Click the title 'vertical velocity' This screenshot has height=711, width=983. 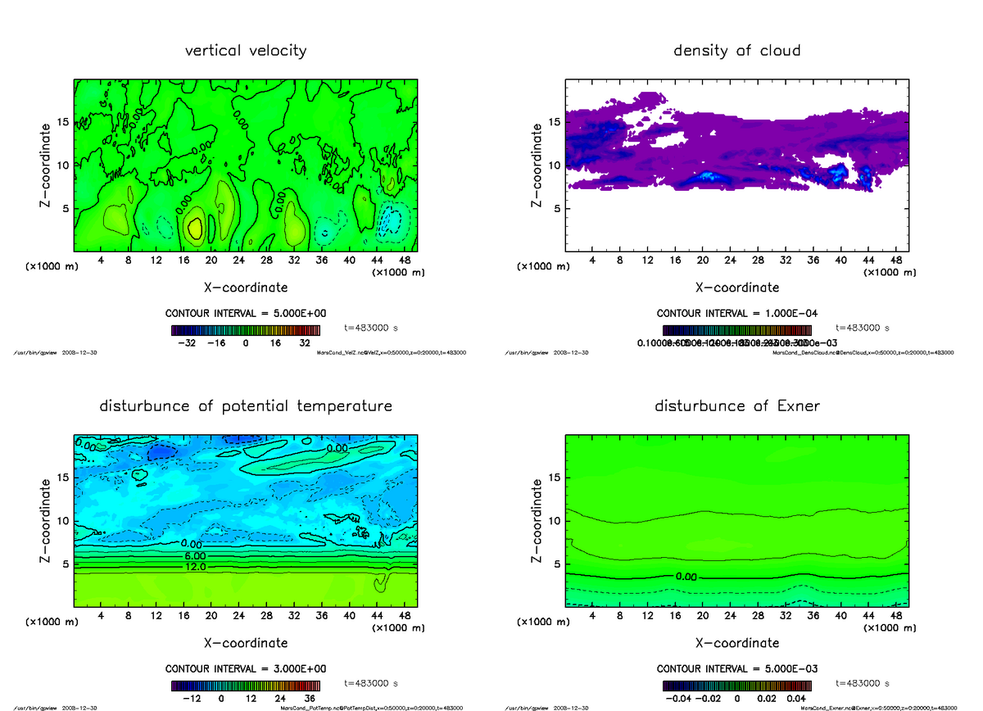(246, 51)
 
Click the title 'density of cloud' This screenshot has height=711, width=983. (736, 51)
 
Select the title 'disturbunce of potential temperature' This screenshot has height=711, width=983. (246, 406)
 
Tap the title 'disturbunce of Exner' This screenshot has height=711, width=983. (736, 406)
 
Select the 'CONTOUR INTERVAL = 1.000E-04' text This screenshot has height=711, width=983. (738, 314)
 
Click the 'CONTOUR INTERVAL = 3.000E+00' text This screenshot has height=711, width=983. (247, 668)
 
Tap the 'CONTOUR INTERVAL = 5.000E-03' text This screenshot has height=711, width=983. (738, 668)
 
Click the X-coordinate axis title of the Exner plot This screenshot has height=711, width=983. (736, 643)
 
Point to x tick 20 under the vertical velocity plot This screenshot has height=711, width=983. (211, 260)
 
